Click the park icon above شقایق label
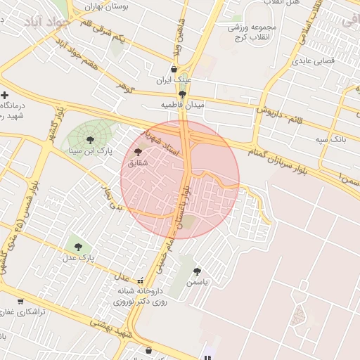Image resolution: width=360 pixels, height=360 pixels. click(138, 152)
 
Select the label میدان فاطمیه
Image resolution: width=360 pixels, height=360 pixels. click(182, 104)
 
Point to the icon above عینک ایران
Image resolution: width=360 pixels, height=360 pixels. click(174, 69)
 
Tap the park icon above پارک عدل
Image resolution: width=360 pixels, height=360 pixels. click(78, 247)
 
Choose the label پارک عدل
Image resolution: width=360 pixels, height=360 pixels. click(78, 258)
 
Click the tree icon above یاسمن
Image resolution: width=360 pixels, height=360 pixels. click(197, 271)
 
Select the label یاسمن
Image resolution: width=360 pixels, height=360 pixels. click(198, 281)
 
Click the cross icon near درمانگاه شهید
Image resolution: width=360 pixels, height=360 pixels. click(5, 95)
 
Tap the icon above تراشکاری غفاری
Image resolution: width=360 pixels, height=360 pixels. click(20, 301)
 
